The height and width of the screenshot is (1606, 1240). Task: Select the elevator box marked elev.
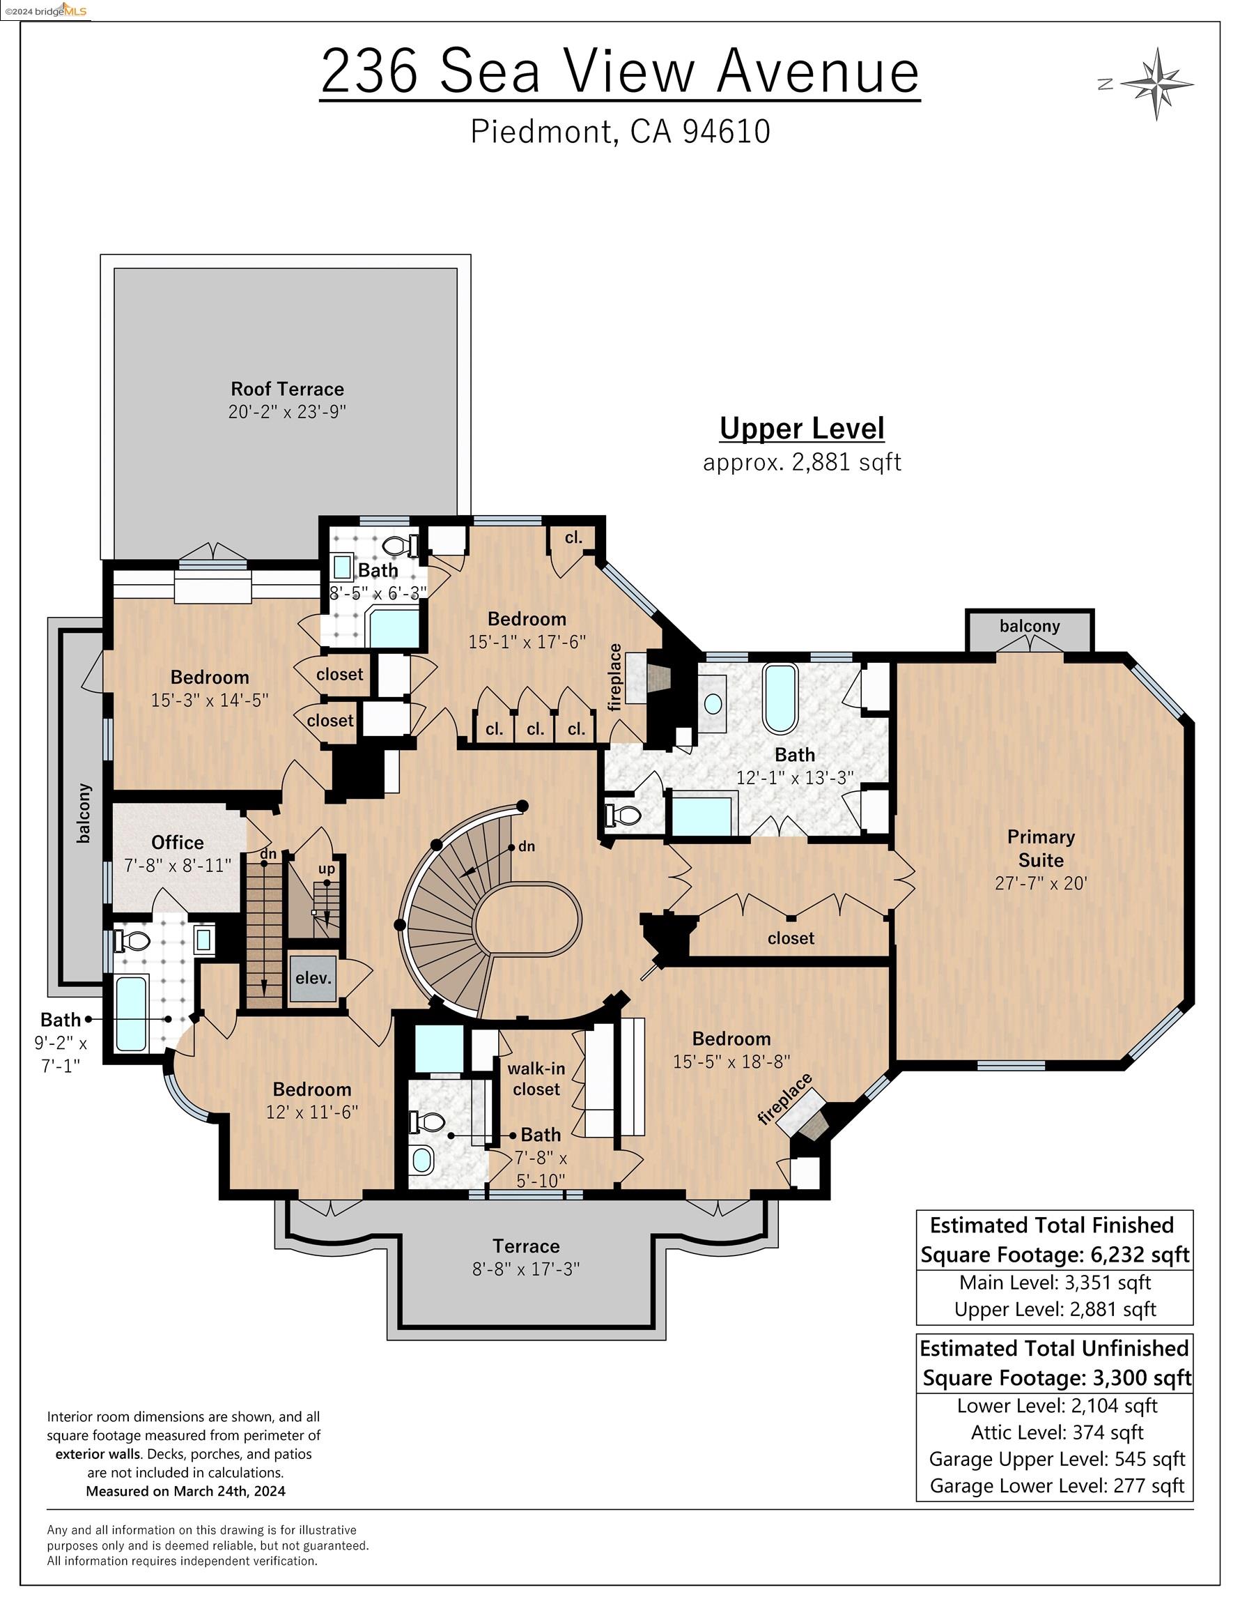point(313,978)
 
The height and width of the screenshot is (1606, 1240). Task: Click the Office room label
point(177,843)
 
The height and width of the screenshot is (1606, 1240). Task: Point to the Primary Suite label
point(1041,848)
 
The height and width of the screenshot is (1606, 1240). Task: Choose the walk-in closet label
point(536,1080)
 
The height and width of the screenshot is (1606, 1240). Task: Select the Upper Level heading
point(802,429)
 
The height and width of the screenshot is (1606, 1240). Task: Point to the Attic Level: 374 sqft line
point(1057,1432)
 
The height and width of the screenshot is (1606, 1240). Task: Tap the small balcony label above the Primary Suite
point(1029,626)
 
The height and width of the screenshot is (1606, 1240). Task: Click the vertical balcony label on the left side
point(84,813)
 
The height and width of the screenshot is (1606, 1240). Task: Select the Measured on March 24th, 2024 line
point(185,1491)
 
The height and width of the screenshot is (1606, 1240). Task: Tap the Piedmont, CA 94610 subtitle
point(621,132)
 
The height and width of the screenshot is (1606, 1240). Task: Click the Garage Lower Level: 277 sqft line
point(1057,1485)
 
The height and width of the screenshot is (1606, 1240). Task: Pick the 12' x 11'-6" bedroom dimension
point(311,1111)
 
